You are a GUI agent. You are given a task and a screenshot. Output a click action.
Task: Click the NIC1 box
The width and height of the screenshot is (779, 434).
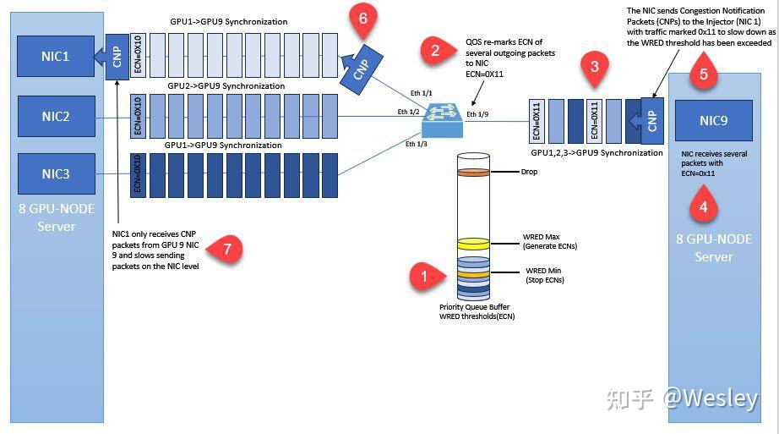pyautogui.click(x=56, y=56)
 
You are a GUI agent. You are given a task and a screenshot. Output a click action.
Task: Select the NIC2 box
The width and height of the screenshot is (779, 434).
pyautogui.click(x=56, y=117)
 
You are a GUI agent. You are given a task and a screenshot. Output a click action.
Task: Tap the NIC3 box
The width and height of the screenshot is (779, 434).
pyautogui.click(x=56, y=173)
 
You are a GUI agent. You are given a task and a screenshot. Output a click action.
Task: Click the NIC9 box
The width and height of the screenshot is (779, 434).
pyautogui.click(x=713, y=120)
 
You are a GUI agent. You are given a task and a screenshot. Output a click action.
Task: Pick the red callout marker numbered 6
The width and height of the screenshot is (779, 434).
pyautogui.click(x=363, y=19)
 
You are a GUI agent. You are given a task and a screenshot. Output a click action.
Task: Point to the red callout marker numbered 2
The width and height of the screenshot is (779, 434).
pyautogui.click(x=437, y=50)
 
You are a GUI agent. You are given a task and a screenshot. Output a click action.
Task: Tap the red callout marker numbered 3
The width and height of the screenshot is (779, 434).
pyautogui.click(x=595, y=69)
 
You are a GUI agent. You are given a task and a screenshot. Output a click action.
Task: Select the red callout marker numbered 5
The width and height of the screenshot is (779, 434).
pyautogui.click(x=704, y=73)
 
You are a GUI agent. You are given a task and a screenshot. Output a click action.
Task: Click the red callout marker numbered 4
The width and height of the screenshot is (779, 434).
pyautogui.click(x=704, y=205)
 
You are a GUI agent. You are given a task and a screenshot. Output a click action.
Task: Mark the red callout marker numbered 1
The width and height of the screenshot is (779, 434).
pyautogui.click(x=426, y=277)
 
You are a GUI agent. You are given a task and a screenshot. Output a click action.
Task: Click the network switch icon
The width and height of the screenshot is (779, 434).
pyautogui.click(x=442, y=120)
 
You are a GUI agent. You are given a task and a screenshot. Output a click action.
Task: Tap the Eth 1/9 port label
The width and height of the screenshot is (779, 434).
pyautogui.click(x=477, y=114)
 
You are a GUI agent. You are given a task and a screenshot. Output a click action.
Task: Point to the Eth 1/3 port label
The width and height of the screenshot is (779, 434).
pyautogui.click(x=417, y=144)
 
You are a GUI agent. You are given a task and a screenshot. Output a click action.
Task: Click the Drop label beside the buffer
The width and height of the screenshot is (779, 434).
pyautogui.click(x=529, y=172)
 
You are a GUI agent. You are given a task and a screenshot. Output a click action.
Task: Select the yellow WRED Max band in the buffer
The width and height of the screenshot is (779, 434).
pyautogui.click(x=473, y=244)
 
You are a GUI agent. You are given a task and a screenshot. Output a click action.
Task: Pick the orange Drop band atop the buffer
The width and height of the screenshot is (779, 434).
pyautogui.click(x=473, y=173)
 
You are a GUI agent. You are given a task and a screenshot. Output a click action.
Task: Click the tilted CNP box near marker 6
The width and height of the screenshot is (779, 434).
pyautogui.click(x=361, y=69)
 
